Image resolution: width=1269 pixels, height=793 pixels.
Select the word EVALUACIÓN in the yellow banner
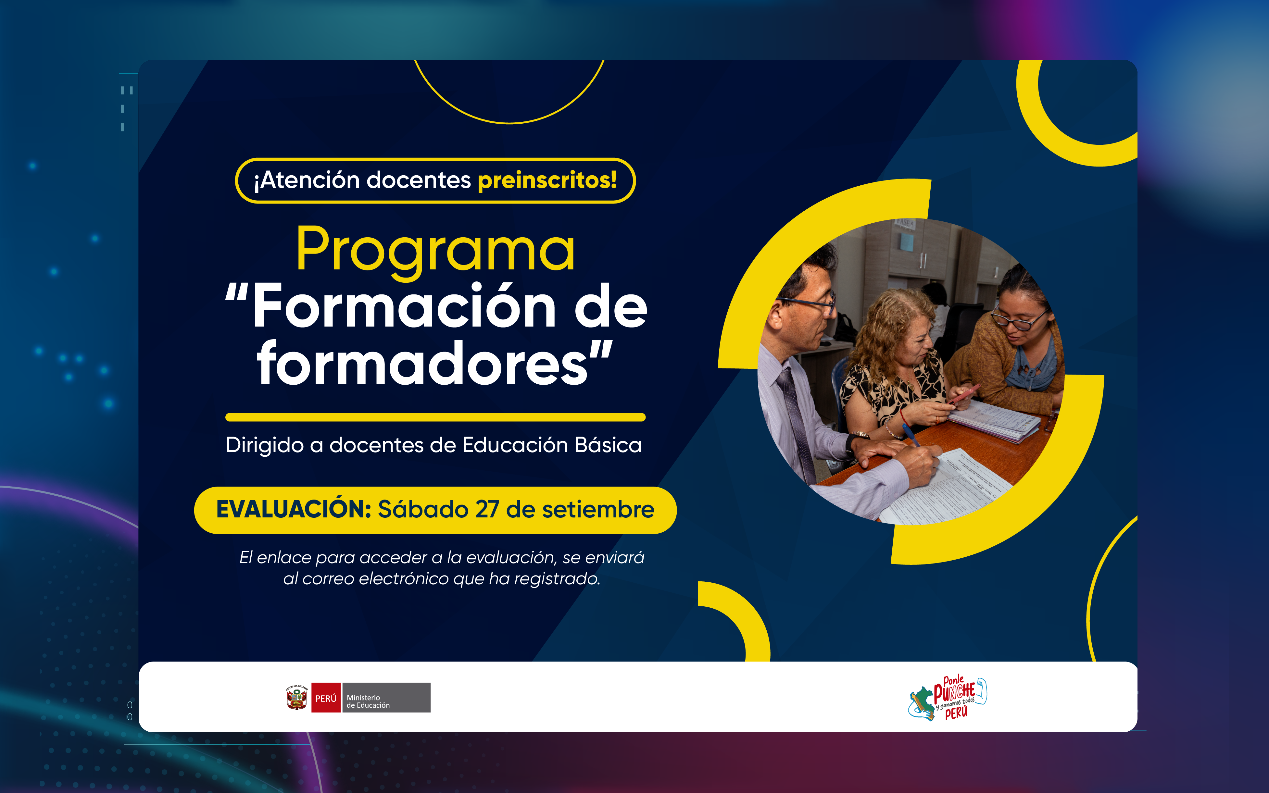tap(294, 509)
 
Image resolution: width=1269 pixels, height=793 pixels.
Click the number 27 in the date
tap(487, 510)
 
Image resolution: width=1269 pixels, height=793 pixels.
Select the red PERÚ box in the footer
tap(326, 698)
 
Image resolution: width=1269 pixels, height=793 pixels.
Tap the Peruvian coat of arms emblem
tap(297, 698)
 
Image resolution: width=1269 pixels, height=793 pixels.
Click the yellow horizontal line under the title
tap(435, 417)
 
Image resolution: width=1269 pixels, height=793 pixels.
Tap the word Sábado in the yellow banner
tap(423, 509)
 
